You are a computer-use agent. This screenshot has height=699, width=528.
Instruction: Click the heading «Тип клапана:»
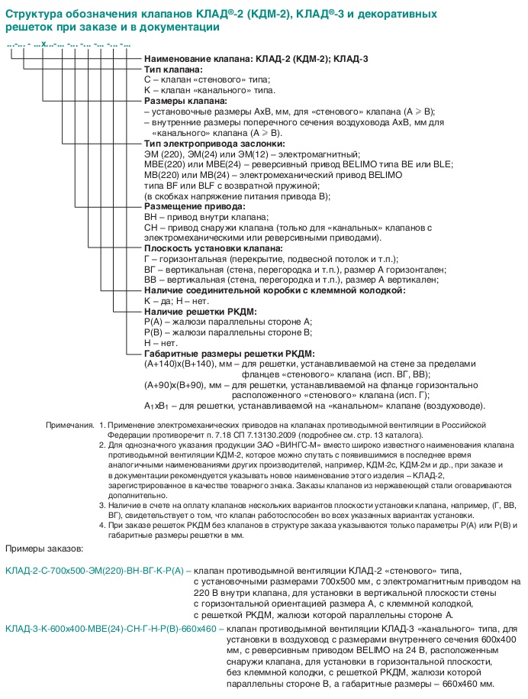point(175,70)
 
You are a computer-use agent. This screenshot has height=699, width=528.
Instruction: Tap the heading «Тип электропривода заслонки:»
point(214,143)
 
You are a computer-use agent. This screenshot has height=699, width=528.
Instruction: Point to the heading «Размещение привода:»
point(195,206)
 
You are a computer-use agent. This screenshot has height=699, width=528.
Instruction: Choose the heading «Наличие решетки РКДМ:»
point(200,312)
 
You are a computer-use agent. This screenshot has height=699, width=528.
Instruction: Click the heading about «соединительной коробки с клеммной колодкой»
point(275,290)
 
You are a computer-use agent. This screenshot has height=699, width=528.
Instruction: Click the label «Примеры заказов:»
point(44,549)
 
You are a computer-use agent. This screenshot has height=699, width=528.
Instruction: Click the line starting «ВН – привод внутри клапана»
point(206,217)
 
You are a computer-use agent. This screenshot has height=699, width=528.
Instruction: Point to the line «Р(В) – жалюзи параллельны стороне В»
point(228,332)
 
